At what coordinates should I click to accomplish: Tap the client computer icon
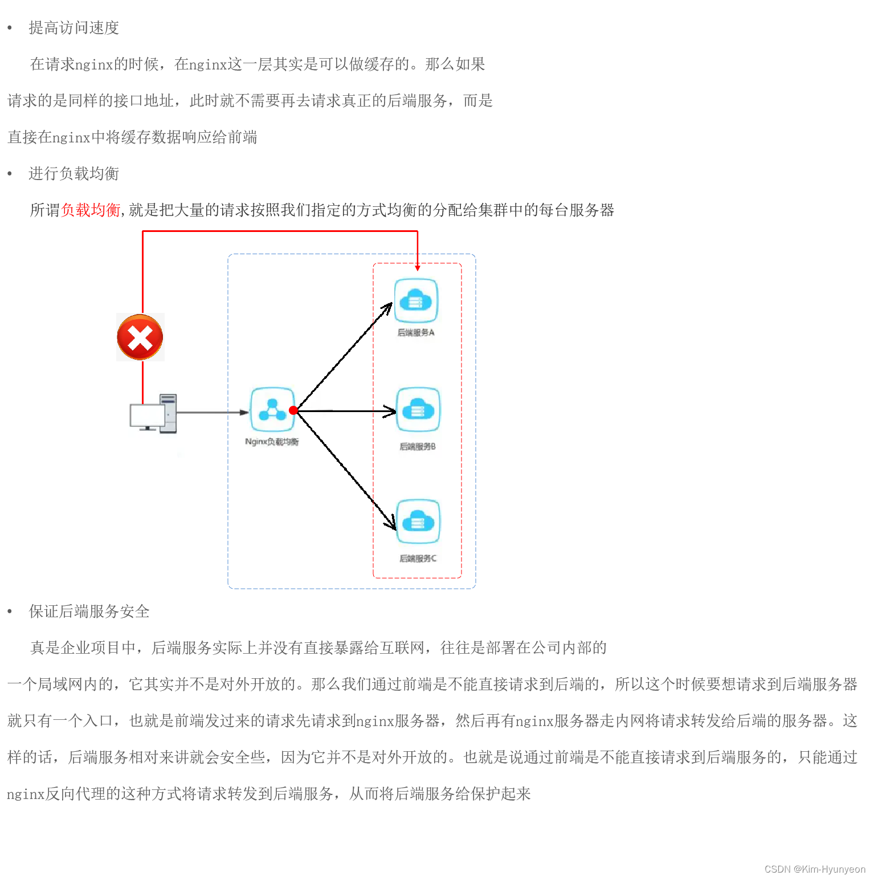pyautogui.click(x=153, y=414)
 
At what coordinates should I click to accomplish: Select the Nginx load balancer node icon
pyautogui.click(x=272, y=410)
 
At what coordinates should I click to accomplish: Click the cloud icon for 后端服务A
pyautogui.click(x=416, y=300)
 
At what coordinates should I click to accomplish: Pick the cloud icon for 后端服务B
pyautogui.click(x=418, y=410)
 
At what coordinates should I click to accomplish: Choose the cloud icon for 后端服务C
pyautogui.click(x=418, y=522)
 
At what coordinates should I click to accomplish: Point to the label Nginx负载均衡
pyautogui.click(x=272, y=442)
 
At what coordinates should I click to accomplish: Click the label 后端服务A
pyautogui.click(x=416, y=332)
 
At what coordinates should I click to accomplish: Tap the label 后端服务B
pyautogui.click(x=418, y=446)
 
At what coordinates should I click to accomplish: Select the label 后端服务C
pyautogui.click(x=418, y=559)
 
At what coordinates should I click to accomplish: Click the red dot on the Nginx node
pyautogui.click(x=293, y=410)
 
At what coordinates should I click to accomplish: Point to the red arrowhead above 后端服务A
pyautogui.click(x=418, y=267)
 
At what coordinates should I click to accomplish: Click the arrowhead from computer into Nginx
pyautogui.click(x=245, y=412)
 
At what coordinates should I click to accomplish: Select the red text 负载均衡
pyautogui.click(x=91, y=210)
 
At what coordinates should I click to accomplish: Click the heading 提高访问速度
pyautogui.click(x=74, y=28)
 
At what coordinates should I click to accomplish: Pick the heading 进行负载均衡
pyautogui.click(x=74, y=174)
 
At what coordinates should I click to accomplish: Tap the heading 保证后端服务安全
pyautogui.click(x=89, y=612)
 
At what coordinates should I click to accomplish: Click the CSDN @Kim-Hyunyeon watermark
pyautogui.click(x=815, y=869)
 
